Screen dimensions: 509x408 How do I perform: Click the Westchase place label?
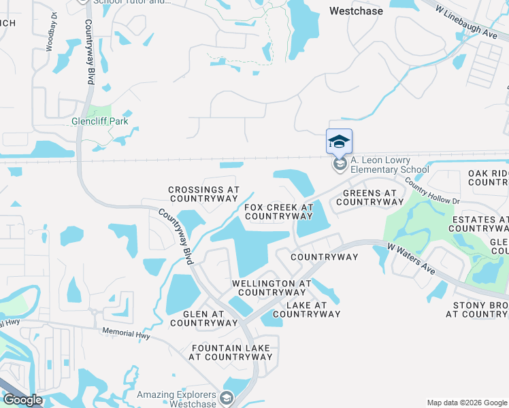pos(356,11)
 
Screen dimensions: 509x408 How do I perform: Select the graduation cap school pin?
pos(339,142)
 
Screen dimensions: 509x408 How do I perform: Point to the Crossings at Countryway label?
pos(203,194)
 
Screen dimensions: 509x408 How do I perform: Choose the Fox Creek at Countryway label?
pos(278,211)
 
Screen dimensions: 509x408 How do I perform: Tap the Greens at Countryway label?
pos(366,197)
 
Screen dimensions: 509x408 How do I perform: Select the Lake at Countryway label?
pos(306,309)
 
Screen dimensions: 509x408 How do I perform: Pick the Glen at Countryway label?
pos(203,318)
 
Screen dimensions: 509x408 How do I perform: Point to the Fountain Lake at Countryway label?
pos(231,352)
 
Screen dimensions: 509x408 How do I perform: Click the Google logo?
pos(22,400)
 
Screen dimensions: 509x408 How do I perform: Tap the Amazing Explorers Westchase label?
pos(176,399)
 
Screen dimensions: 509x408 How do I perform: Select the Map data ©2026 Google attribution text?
pos(466,403)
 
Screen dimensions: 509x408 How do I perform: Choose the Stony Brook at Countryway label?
pos(479,309)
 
